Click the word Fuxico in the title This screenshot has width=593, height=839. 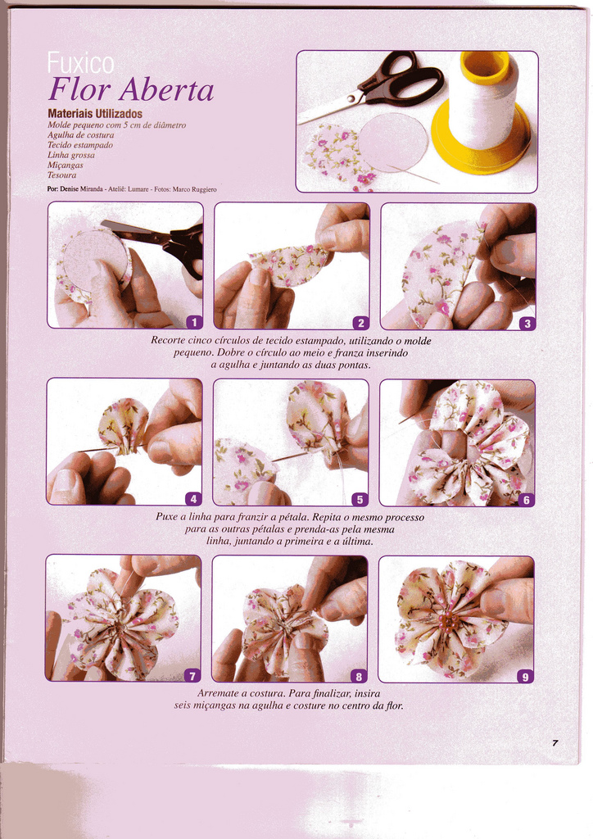tap(81, 63)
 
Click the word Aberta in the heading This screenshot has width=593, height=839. tap(166, 89)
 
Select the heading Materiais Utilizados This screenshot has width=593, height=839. tap(95, 114)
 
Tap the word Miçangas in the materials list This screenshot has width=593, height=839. tap(66, 166)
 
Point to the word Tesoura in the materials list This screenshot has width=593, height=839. tap(61, 175)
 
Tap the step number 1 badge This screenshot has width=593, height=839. tap(194, 321)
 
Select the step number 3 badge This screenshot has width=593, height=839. tap(527, 323)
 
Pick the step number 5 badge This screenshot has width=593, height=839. tap(360, 499)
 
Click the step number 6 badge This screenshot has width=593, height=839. tap(526, 500)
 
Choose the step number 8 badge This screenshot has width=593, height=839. tap(358, 676)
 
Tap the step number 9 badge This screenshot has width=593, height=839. tap(525, 676)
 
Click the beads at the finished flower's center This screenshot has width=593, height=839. tap(447, 621)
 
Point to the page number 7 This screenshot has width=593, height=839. tap(555, 742)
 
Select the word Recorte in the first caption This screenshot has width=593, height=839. tap(169, 340)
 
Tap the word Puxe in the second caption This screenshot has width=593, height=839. tap(166, 518)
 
